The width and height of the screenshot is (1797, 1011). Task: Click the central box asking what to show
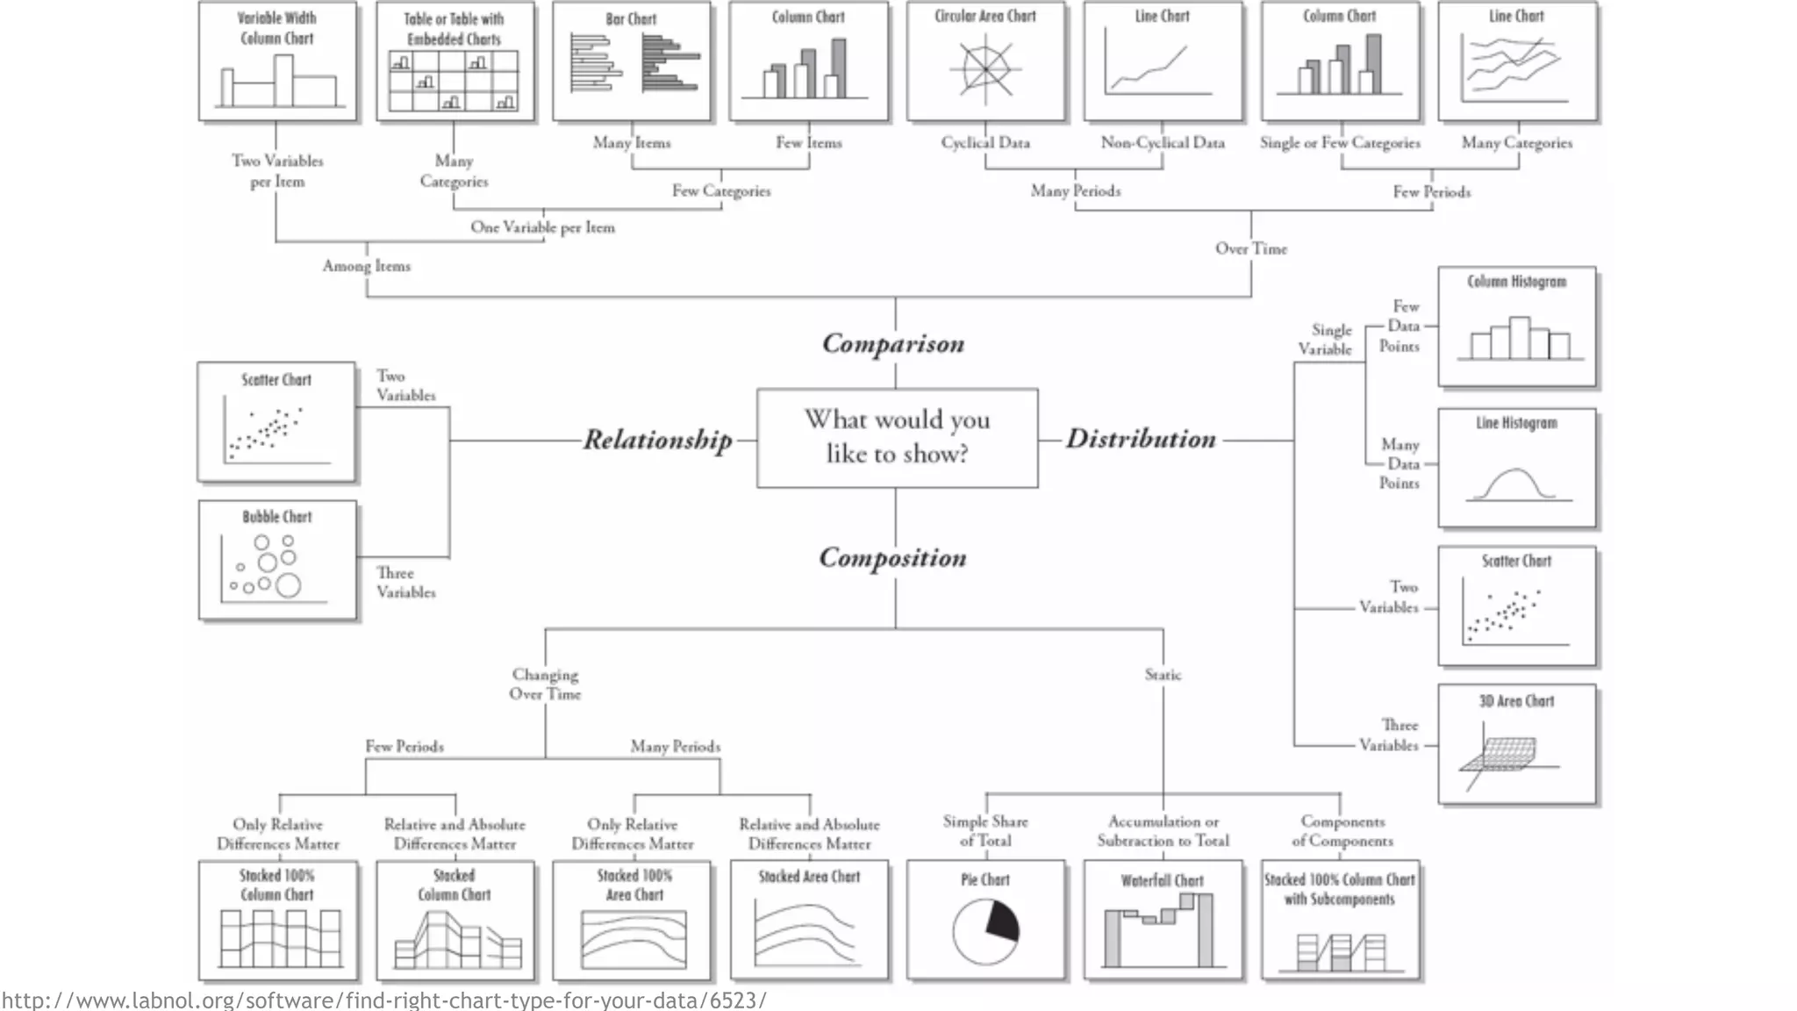click(x=897, y=438)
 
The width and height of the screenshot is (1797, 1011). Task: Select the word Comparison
click(x=893, y=343)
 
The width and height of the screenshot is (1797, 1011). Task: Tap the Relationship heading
click(x=657, y=440)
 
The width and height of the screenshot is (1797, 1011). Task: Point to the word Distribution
click(x=1141, y=439)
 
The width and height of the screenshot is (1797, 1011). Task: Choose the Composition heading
click(x=892, y=558)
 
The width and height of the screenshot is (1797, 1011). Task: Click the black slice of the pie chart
click(x=1002, y=921)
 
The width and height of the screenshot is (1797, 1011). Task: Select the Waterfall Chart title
click(x=1162, y=880)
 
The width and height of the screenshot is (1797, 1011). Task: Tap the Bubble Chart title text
click(x=277, y=517)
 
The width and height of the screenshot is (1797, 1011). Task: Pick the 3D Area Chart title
click(x=1516, y=701)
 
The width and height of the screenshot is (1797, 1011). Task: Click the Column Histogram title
click(x=1516, y=282)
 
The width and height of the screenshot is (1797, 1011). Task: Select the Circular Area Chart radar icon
click(x=985, y=69)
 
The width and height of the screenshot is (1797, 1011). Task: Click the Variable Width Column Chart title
click(x=277, y=28)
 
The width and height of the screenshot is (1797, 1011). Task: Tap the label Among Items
click(x=366, y=266)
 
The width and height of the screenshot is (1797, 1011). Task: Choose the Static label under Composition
click(x=1163, y=675)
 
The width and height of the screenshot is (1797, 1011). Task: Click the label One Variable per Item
click(x=542, y=227)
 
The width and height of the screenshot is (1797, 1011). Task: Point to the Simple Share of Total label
click(x=985, y=831)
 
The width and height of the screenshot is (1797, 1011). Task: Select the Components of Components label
click(x=1342, y=831)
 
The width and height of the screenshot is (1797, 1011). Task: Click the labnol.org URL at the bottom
click(x=383, y=1000)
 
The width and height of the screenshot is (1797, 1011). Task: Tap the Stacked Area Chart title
click(x=809, y=877)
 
